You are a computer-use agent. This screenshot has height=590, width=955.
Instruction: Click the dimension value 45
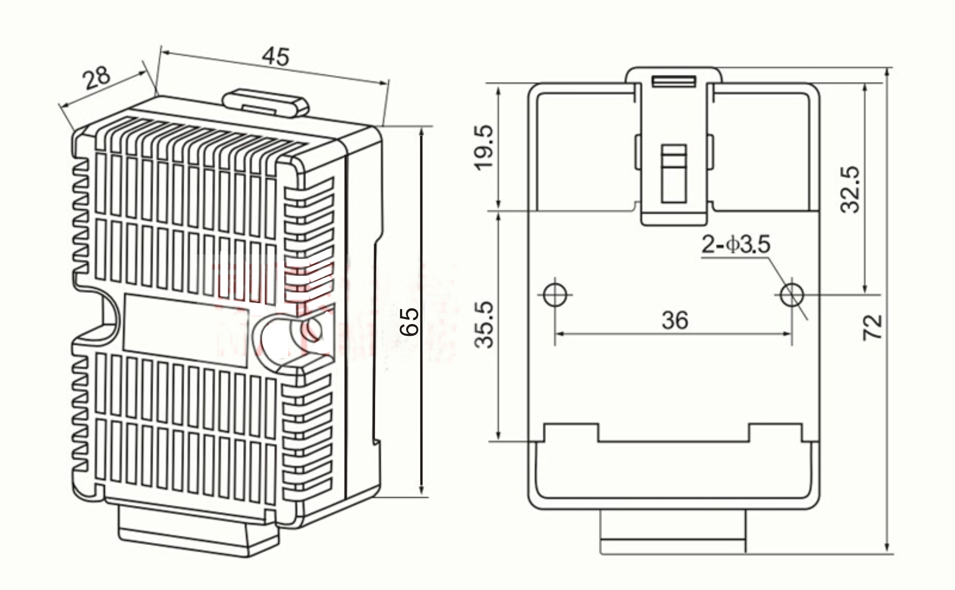276,57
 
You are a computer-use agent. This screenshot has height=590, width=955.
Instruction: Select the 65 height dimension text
409,322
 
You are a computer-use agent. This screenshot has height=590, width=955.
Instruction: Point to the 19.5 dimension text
484,147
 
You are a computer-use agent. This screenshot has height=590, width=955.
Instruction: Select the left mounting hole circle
555,295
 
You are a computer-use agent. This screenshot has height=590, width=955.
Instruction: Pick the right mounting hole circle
792,295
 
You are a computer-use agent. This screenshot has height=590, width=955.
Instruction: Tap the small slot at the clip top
674,81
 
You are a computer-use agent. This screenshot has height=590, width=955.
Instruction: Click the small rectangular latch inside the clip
674,173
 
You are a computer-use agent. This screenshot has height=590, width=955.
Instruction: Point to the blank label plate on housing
186,331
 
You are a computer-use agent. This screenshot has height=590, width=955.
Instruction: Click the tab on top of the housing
265,102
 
